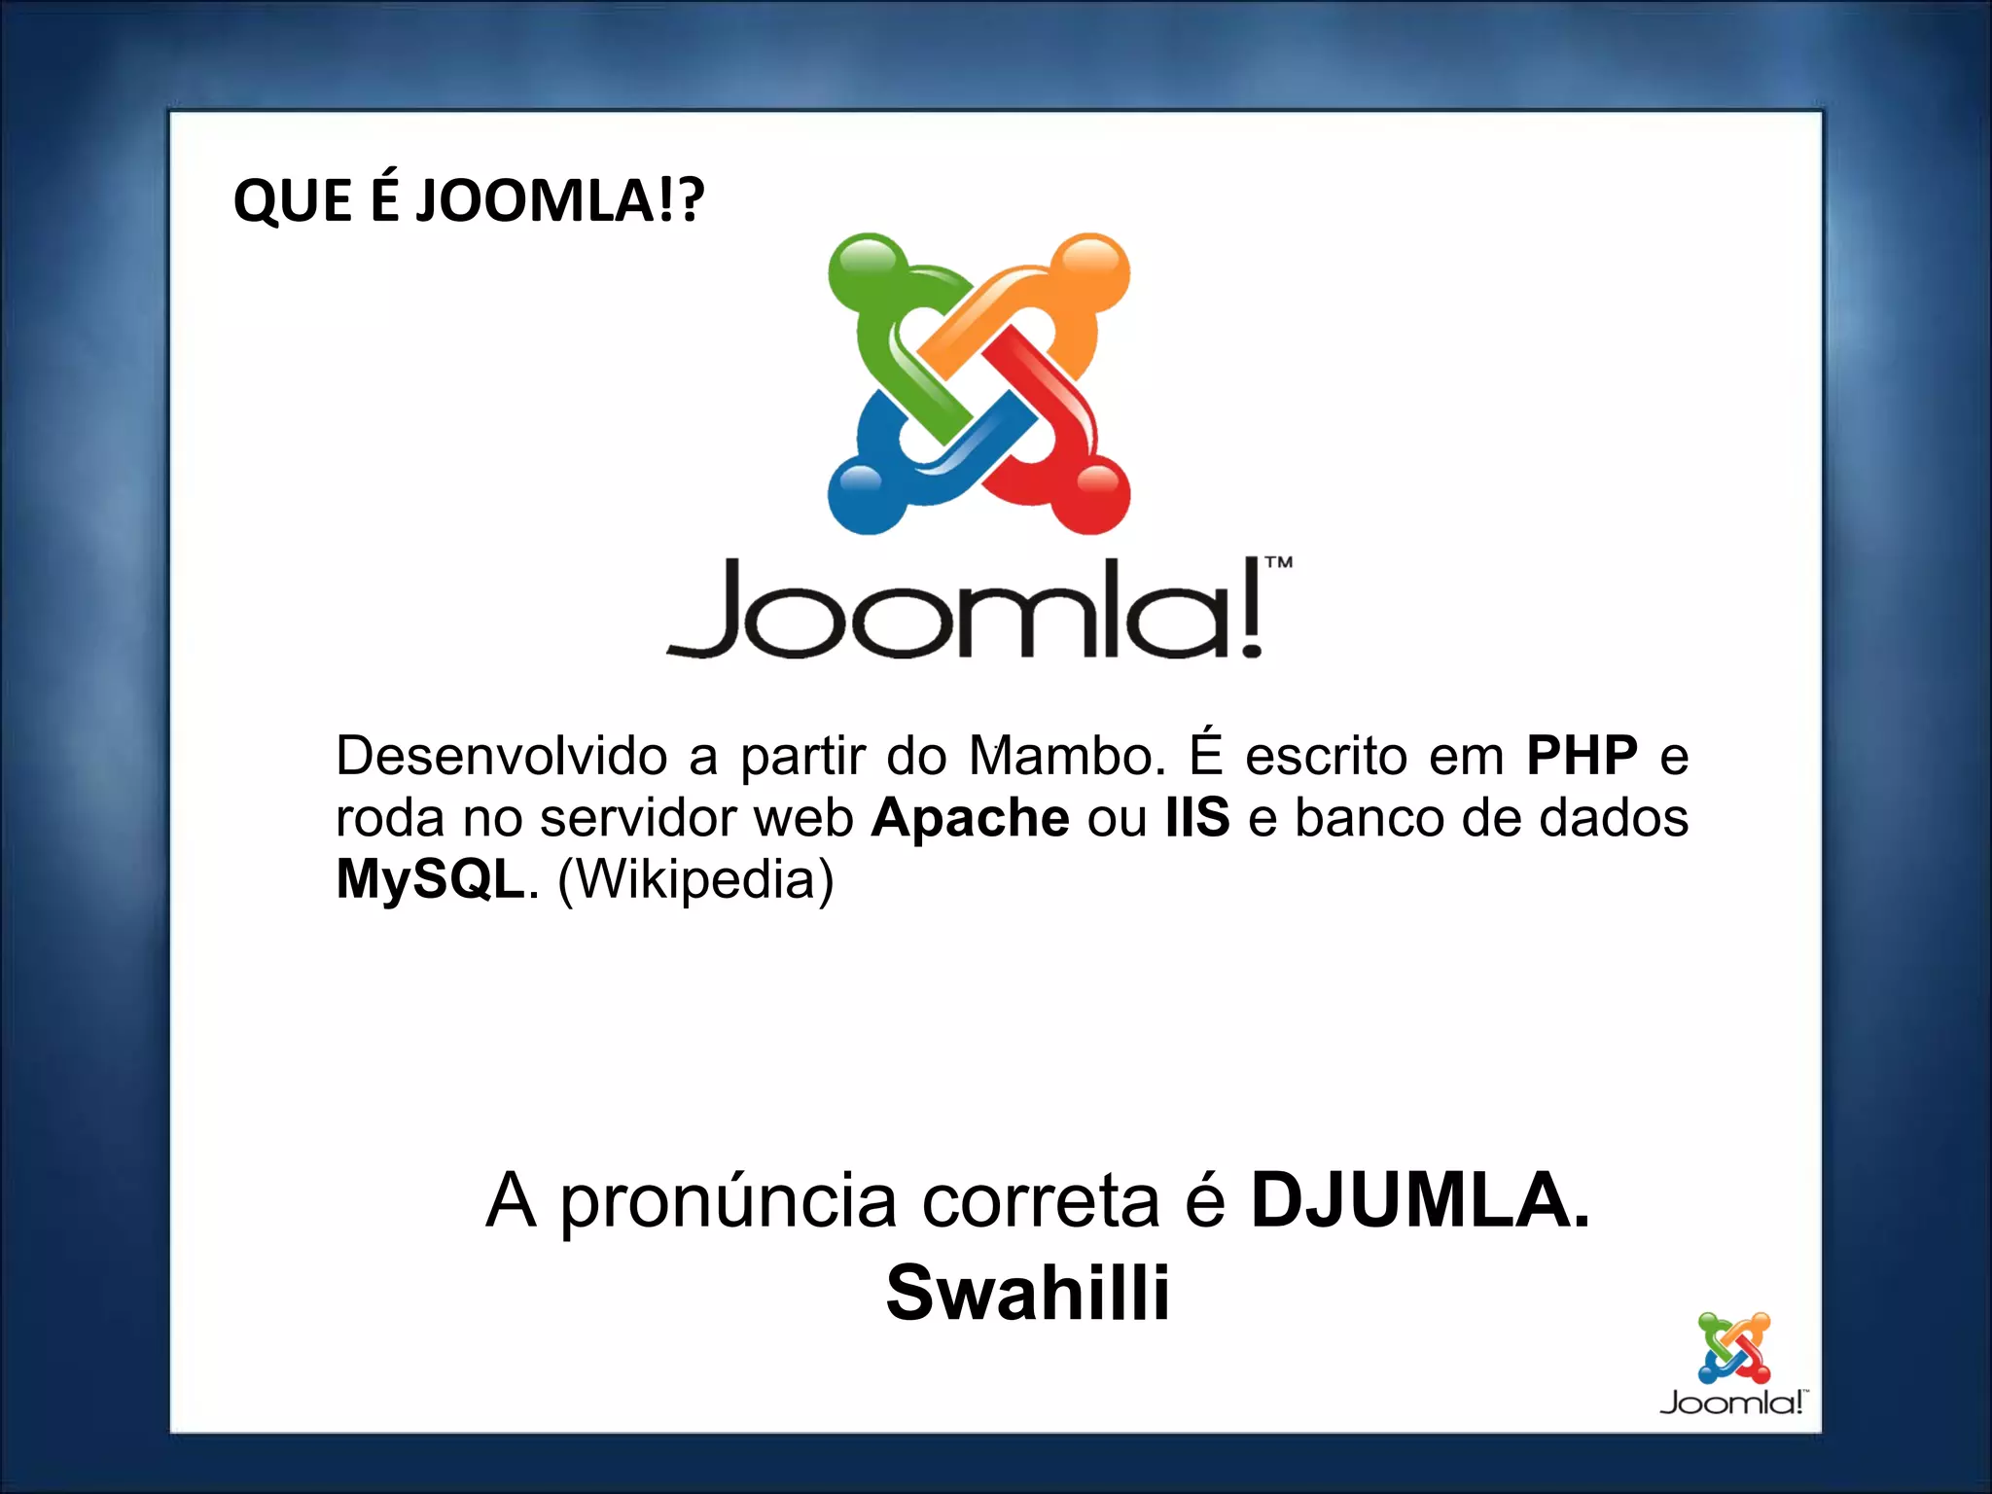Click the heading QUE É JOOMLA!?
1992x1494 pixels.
tap(468, 201)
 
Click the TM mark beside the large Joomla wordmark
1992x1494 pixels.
tap(1278, 562)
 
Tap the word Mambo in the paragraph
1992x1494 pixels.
tap(1066, 756)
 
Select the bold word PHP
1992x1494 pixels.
tap(1582, 756)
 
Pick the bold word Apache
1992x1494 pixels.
tap(970, 818)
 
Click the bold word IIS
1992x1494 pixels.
tap(1197, 818)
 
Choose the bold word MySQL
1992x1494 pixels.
tap(430, 879)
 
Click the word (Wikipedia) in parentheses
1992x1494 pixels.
tap(695, 879)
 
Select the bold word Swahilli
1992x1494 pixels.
tap(1027, 1293)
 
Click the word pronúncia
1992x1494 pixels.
tap(728, 1202)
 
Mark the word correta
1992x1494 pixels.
tap(1041, 1202)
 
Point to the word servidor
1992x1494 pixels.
tap(637, 818)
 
